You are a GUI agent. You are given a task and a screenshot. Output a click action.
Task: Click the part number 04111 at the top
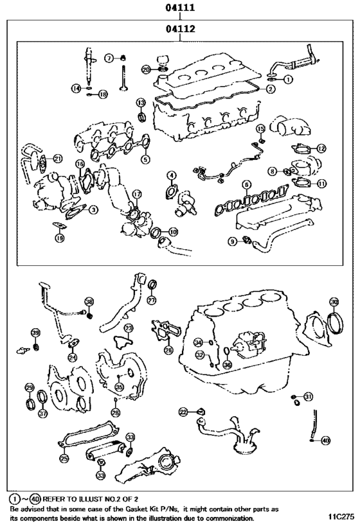tap(180, 8)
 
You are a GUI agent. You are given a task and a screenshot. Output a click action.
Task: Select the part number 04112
tap(180, 29)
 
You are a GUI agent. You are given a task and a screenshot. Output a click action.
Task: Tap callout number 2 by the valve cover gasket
tap(271, 89)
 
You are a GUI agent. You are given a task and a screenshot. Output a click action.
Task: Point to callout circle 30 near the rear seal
tap(334, 301)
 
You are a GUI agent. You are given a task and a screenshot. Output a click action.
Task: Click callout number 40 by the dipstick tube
tap(325, 441)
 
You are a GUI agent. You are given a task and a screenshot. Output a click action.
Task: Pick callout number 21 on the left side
tap(57, 159)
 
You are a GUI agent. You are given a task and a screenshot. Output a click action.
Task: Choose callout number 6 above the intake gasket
tap(246, 185)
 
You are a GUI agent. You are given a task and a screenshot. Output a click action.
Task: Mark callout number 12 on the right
tap(321, 148)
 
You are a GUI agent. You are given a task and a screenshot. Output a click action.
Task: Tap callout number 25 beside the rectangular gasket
tap(63, 459)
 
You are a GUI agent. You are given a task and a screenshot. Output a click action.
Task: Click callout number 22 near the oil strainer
tap(183, 411)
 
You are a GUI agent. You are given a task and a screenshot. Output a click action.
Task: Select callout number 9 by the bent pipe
tap(232, 241)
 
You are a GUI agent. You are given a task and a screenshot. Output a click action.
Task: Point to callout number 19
tap(59, 238)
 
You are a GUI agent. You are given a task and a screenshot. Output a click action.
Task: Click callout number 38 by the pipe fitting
tap(89, 301)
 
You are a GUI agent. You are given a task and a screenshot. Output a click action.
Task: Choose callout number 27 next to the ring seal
tap(151, 301)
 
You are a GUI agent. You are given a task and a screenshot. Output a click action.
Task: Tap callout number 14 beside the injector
tap(76, 88)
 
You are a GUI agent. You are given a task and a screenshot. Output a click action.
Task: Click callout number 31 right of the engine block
tap(309, 396)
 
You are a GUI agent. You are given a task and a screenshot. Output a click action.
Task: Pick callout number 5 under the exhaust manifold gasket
tap(146, 159)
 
